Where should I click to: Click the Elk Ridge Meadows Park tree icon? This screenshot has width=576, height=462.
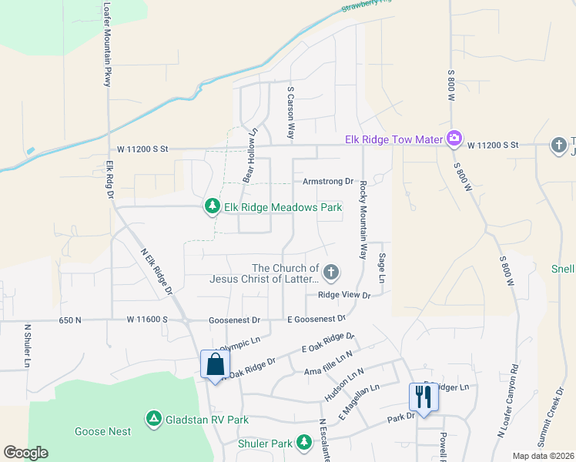213,206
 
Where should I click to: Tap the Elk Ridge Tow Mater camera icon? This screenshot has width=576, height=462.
454,139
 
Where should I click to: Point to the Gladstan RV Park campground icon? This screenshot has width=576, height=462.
154,419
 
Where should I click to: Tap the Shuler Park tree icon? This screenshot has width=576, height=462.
305,442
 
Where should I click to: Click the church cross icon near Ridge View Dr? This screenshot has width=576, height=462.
331,272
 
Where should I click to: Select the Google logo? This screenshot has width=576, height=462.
25,453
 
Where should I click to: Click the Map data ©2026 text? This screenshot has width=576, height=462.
544,456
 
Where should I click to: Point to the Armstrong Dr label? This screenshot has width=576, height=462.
327,182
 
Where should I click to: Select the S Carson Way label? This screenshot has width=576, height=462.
291,112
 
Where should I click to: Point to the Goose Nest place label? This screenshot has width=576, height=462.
102,432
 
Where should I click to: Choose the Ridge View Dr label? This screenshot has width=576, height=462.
344,295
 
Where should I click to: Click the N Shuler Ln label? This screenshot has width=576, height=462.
28,344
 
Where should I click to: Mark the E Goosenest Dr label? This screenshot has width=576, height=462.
316,318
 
